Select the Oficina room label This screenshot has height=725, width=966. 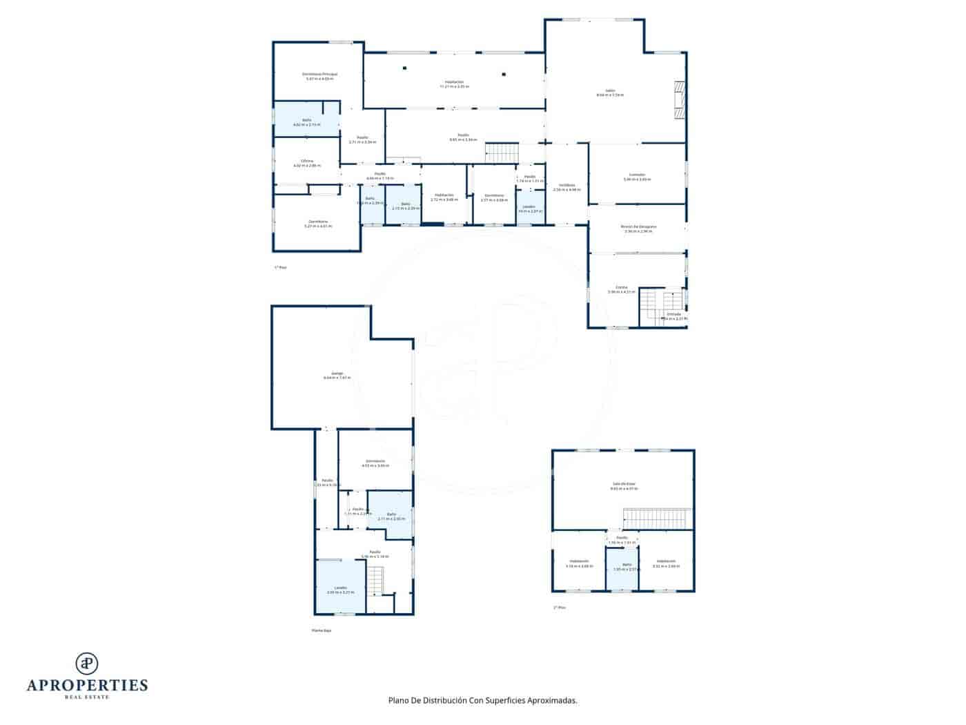point(307,163)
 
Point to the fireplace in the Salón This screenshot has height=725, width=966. point(680,101)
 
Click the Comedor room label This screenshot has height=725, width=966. point(637,177)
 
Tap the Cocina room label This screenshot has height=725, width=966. point(622,289)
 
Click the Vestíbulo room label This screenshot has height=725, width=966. point(567,187)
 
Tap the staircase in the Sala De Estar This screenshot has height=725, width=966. point(656,519)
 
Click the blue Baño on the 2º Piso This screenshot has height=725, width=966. point(622,568)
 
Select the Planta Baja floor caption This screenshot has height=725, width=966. point(322,630)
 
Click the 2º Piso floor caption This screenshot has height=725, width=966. point(559,608)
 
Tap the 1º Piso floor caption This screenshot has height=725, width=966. point(280,267)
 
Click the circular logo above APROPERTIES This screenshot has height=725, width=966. point(87,663)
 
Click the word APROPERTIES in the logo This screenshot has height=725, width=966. point(87,686)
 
